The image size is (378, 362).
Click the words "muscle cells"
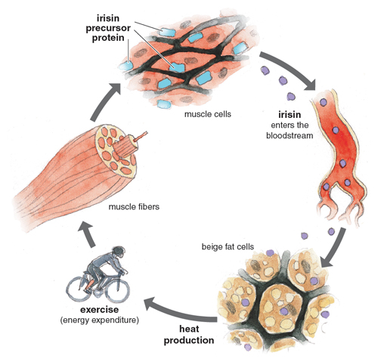208,114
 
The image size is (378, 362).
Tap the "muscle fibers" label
134,207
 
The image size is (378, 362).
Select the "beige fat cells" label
228,247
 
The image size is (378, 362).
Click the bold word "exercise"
99,310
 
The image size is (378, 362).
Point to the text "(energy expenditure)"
99,320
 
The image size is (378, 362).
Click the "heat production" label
189,335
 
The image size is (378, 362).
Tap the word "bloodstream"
290,135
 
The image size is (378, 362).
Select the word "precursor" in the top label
108,28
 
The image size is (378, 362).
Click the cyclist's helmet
118,251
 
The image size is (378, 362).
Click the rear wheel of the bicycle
79,289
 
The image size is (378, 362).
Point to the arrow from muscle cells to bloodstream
290,70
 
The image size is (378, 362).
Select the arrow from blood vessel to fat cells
334,248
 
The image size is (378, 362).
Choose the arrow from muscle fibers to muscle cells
104,102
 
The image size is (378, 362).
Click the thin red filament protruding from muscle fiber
141,136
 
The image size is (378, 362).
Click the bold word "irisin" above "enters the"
290,115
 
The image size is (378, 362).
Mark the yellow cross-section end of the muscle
116,151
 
